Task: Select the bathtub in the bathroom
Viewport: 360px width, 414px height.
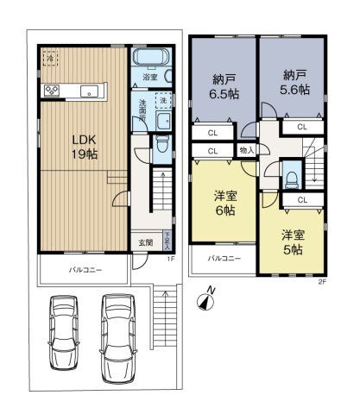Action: click(152, 60)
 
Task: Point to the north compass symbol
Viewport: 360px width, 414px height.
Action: click(205, 299)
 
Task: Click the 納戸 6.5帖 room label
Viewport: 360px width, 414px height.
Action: click(224, 86)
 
